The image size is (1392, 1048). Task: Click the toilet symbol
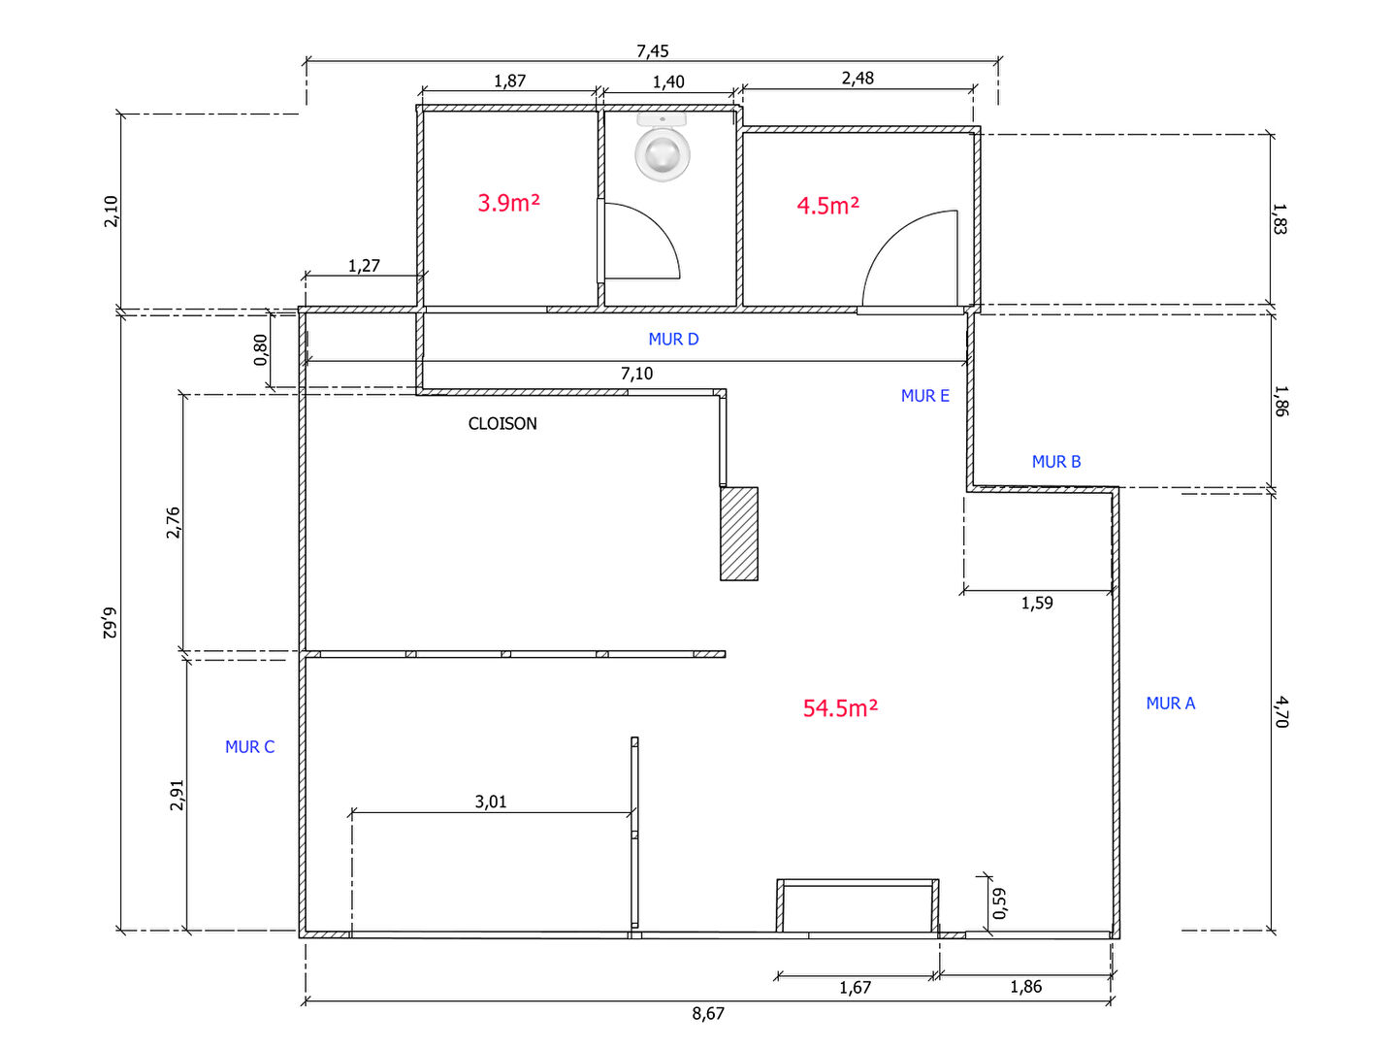click(x=663, y=147)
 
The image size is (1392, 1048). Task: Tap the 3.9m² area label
click(x=508, y=203)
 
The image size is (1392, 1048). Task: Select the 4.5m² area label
click(x=827, y=206)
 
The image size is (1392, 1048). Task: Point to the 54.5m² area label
click(x=840, y=708)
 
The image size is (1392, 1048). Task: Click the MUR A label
click(x=1171, y=703)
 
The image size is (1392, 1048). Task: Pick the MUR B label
click(x=1056, y=461)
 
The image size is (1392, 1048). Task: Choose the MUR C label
click(x=250, y=746)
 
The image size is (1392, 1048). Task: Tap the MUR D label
click(x=673, y=339)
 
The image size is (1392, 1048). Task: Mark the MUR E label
click(x=925, y=395)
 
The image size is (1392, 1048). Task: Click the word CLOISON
click(x=502, y=423)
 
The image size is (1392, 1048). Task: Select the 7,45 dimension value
click(x=653, y=50)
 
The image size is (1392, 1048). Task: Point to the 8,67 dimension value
click(x=708, y=1013)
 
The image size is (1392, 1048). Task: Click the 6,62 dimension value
click(x=110, y=623)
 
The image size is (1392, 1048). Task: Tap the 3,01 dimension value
click(x=491, y=802)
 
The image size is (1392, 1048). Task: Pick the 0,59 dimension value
click(x=999, y=903)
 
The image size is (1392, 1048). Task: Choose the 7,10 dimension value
click(x=636, y=373)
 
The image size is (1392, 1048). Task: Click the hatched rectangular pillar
click(x=739, y=534)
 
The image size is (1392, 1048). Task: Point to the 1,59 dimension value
click(x=1037, y=603)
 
